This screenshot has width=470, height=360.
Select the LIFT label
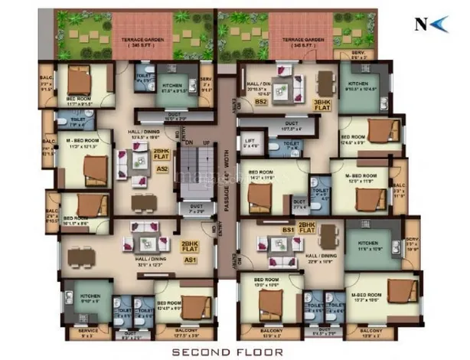coord(248,141)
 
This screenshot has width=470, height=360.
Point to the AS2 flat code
coord(162,168)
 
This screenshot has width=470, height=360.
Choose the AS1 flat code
coord(187,260)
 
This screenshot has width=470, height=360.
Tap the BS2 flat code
coord(261,101)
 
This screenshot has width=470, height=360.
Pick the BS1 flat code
coord(289,229)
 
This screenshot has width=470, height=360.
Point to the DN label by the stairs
coord(186,142)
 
